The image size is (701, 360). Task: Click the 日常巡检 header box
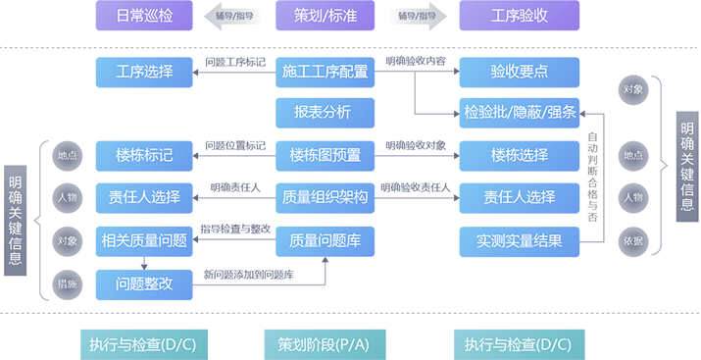[144, 16]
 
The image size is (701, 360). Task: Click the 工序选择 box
[144, 72]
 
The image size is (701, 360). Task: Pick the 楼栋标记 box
[144, 155]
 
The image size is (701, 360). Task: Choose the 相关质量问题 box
[144, 240]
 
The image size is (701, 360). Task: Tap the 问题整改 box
[144, 283]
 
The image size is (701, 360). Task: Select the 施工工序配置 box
[325, 72]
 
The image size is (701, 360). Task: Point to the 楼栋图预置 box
[325, 155]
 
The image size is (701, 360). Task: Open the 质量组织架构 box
[325, 197]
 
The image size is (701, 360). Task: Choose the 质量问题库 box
[325, 240]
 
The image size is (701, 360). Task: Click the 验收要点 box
[519, 72]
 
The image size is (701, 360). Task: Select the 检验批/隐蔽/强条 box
[519, 112]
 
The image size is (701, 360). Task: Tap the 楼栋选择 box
[519, 155]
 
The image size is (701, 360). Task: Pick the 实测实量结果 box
[519, 240]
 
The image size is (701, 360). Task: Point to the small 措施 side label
[68, 283]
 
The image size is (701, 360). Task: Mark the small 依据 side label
[633, 238]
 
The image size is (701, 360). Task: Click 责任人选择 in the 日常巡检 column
[144, 197]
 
